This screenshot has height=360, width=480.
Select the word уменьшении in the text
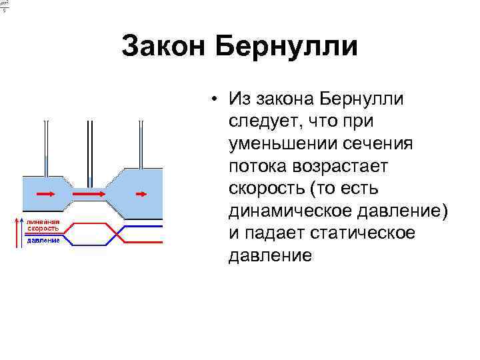coord(284,143)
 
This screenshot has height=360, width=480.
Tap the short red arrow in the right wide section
coord(141,193)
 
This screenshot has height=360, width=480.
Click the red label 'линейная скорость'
coord(43,225)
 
